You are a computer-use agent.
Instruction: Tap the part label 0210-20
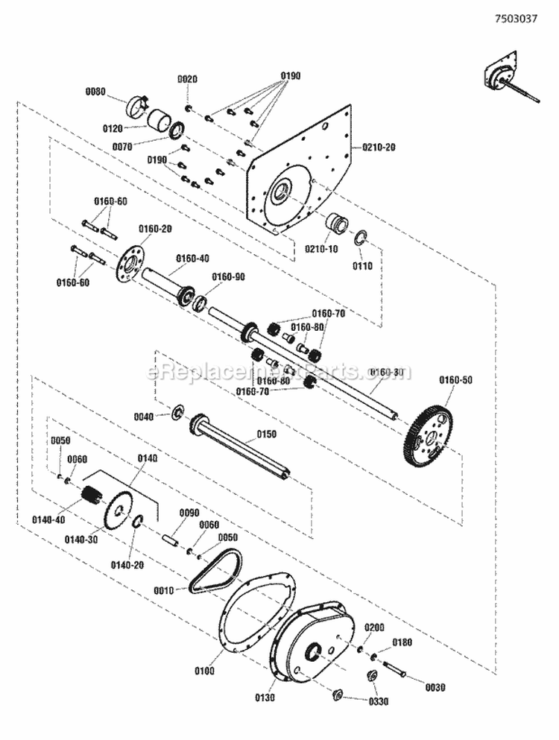pyautogui.click(x=379, y=148)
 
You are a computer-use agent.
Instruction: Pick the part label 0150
pyautogui.click(x=266, y=434)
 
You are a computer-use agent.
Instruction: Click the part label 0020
pyautogui.click(x=188, y=79)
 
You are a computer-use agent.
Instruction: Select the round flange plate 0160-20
pyautogui.click(x=131, y=264)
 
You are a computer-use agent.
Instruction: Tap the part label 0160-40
pyautogui.click(x=192, y=259)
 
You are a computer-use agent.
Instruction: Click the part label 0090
pyautogui.click(x=189, y=513)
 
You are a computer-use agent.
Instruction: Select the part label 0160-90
pyautogui.click(x=228, y=275)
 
